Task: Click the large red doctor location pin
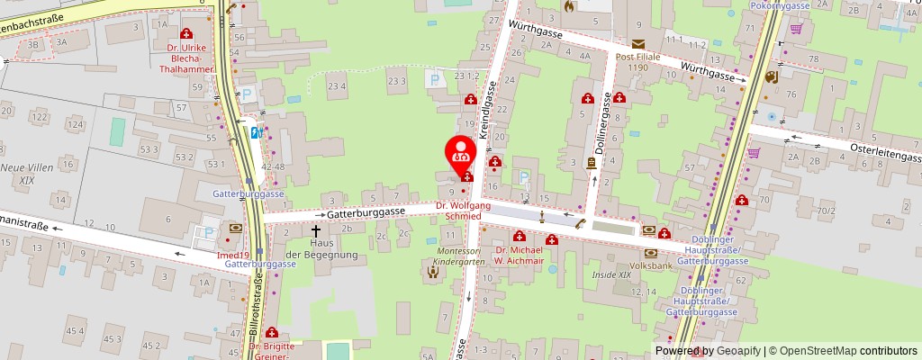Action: point(462,152)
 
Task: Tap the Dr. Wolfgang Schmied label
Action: point(463,211)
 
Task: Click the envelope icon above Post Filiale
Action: point(638,44)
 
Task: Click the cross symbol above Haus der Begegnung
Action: point(316,217)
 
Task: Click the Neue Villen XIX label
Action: point(26,174)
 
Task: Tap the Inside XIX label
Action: point(611,274)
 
